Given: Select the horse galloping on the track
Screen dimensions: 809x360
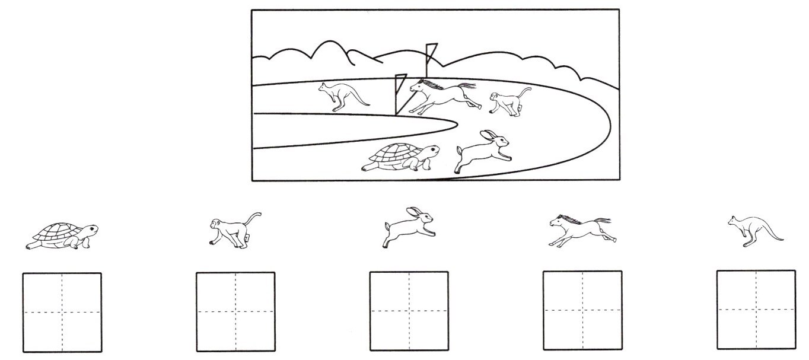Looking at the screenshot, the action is coord(442,97).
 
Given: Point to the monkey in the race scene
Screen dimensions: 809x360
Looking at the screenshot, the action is coord(507,101).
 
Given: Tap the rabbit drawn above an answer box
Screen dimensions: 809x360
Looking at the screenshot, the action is coord(408,227).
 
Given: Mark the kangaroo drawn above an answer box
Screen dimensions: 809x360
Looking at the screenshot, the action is coord(751,230).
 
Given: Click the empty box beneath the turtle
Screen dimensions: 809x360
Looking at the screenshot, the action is coord(62,312).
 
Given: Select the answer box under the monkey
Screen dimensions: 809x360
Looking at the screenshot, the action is coord(235,311).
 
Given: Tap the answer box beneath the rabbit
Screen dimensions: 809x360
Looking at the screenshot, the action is coord(409,311).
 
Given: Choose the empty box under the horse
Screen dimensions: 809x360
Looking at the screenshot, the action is coord(582,310).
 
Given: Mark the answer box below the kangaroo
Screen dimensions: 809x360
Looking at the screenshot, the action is coord(756,310).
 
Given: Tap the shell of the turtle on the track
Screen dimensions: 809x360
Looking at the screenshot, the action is coord(394,152).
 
